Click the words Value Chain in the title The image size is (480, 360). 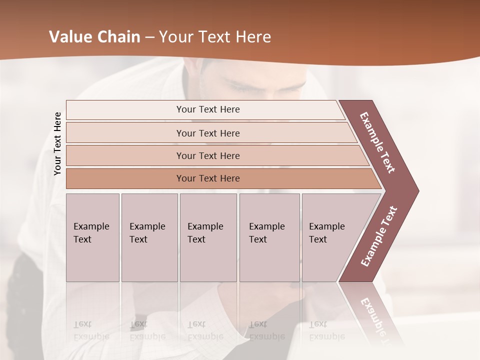click(x=94, y=37)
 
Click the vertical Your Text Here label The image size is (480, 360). click(x=58, y=143)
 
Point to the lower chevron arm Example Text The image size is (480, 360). click(x=379, y=236)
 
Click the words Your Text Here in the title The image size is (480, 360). click(x=215, y=37)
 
